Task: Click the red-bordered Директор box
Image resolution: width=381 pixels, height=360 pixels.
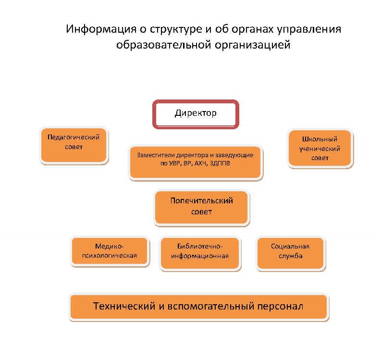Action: click(x=196, y=114)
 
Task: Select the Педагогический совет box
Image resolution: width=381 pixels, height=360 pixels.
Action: click(x=74, y=145)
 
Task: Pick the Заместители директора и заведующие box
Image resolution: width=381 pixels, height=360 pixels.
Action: click(x=196, y=161)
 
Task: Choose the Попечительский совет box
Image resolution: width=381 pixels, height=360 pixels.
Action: click(x=201, y=207)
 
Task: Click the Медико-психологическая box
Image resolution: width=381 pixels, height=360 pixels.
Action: click(x=110, y=251)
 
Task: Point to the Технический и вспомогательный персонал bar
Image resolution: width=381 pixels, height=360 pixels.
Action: click(x=198, y=306)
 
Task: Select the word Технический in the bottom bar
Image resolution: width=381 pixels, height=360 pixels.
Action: click(x=123, y=306)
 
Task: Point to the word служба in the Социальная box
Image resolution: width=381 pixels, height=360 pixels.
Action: click(x=290, y=256)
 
